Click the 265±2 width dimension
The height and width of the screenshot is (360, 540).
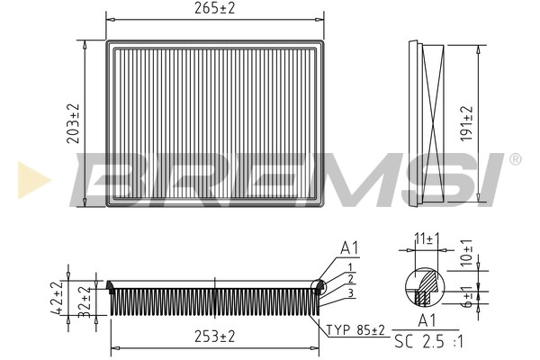click(214, 10)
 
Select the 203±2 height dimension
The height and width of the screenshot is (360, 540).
click(74, 123)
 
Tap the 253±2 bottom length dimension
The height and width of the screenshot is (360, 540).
click(213, 337)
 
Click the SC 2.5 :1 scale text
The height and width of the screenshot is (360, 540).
click(428, 343)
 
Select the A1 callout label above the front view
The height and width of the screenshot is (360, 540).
click(350, 248)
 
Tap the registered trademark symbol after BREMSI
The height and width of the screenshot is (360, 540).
click(514, 159)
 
